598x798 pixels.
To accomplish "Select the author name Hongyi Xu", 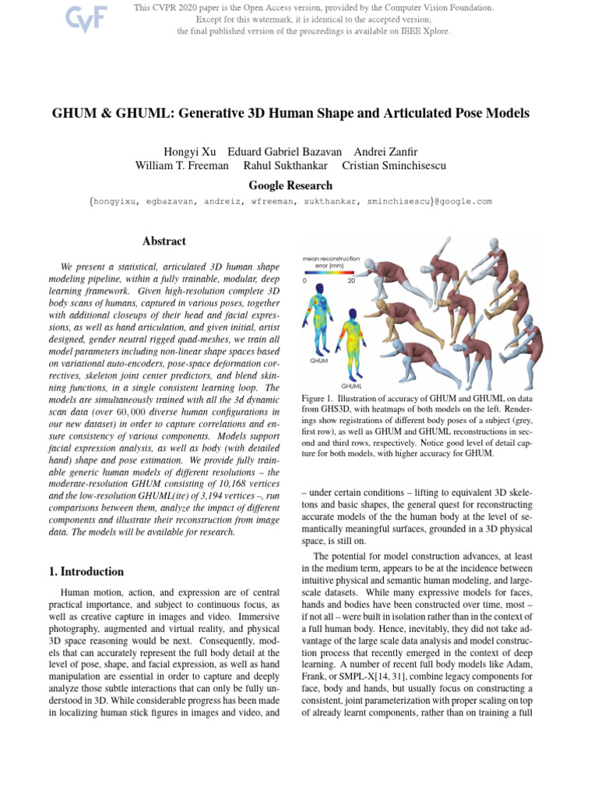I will click(x=189, y=151).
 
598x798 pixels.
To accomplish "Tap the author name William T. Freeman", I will click(x=181, y=165).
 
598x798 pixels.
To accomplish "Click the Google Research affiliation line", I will click(x=290, y=185).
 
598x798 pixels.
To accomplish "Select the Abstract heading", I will click(x=164, y=242).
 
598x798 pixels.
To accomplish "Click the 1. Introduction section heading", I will click(x=86, y=571).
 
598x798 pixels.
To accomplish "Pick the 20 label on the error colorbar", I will click(x=351, y=281).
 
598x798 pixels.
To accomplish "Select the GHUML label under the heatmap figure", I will click(x=353, y=386).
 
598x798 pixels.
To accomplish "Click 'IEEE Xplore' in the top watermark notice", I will click(x=427, y=31).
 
